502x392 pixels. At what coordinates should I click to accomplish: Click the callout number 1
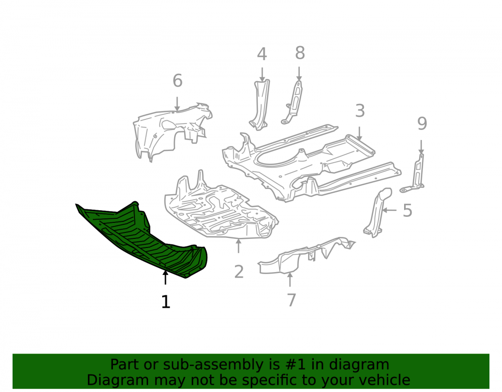tap(166, 302)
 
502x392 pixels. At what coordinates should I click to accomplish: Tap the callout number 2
tap(239, 272)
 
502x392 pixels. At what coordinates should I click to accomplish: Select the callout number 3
tap(360, 111)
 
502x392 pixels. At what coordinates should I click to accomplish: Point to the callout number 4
tap(262, 54)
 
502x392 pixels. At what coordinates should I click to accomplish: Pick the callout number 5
tap(407, 211)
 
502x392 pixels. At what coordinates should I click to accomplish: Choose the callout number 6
tap(177, 80)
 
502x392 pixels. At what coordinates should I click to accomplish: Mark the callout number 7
tap(291, 300)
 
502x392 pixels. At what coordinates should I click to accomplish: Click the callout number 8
tap(300, 53)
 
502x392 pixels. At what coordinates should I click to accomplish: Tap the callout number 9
tap(422, 123)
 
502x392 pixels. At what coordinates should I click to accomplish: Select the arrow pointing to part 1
tap(165, 278)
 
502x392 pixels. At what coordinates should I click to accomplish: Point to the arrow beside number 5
tap(390, 210)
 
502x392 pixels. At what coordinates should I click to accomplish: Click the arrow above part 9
tap(421, 147)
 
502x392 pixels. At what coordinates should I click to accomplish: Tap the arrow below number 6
tap(177, 104)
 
